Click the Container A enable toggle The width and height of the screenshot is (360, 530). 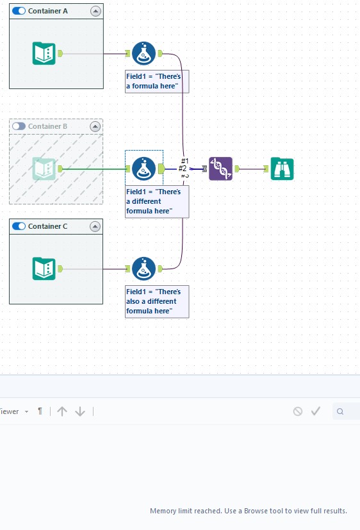[x=19, y=11]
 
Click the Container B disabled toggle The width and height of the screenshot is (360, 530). [x=19, y=126]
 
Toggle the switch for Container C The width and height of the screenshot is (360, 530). [x=19, y=226]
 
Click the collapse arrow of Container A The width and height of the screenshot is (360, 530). [x=95, y=11]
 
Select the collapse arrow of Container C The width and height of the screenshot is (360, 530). [x=95, y=226]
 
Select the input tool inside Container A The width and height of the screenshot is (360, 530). [x=44, y=53]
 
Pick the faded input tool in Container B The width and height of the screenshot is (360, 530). [x=44, y=169]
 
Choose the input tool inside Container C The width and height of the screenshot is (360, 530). [x=44, y=269]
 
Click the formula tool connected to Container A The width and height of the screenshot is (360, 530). [x=144, y=53]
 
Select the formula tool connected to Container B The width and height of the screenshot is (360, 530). [x=144, y=169]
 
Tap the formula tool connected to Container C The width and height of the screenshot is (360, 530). [x=144, y=269]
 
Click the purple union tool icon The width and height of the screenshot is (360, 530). [x=220, y=169]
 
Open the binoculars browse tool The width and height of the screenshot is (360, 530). [x=282, y=169]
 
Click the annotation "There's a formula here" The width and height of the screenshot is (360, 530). [x=157, y=81]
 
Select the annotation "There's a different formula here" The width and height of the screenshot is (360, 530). [x=157, y=201]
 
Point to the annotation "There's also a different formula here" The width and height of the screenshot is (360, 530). [x=157, y=301]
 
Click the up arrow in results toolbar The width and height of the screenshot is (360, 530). [x=62, y=411]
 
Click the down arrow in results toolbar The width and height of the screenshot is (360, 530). [x=80, y=411]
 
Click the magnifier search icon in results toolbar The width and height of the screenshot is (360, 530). [x=340, y=411]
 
